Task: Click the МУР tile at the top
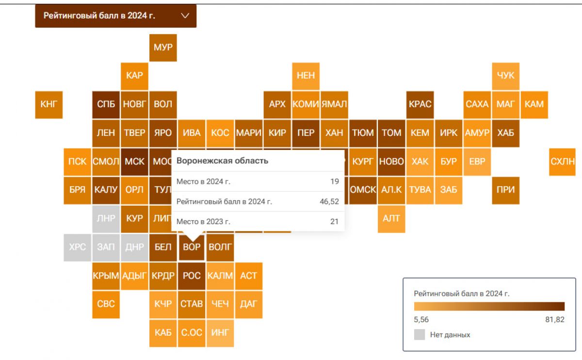click(x=163, y=48)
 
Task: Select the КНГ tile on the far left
click(x=49, y=104)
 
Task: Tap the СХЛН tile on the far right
click(x=563, y=162)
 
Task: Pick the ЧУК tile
click(x=505, y=76)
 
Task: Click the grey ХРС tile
click(x=78, y=247)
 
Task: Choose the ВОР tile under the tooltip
click(x=192, y=247)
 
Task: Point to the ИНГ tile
click(x=220, y=333)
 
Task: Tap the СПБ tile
click(x=106, y=104)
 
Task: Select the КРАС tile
click(x=420, y=104)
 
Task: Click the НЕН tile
click(x=306, y=76)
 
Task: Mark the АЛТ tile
click(x=391, y=219)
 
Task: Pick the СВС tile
click(x=106, y=305)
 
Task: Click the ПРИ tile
click(x=505, y=190)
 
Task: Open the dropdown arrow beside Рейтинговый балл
click(x=185, y=16)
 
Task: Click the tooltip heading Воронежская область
click(x=222, y=161)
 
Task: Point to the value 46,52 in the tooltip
click(x=329, y=202)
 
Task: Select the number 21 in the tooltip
click(x=334, y=222)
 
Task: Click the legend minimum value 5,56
click(x=421, y=320)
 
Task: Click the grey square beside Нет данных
click(x=420, y=335)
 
